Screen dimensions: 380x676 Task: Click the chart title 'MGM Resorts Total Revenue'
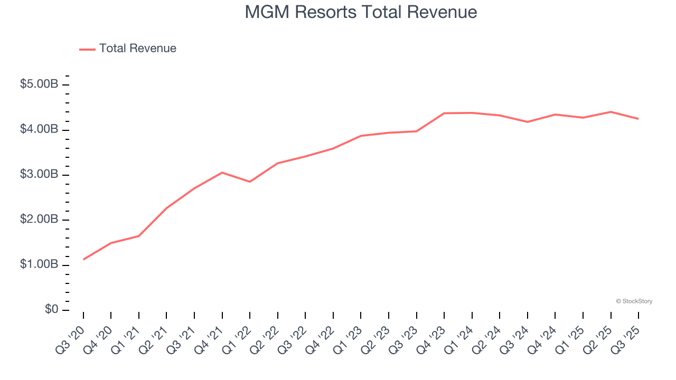pos(361,12)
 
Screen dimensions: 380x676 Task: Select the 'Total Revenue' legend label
pos(137,49)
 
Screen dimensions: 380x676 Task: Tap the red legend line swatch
pos(87,49)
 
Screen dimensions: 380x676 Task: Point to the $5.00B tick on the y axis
pos(39,84)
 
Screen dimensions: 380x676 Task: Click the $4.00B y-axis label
pos(39,129)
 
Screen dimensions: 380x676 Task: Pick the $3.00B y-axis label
pos(39,174)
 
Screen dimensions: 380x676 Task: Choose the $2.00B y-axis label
pos(39,219)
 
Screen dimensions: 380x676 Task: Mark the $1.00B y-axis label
pos(39,264)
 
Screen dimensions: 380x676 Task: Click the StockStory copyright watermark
pos(634,301)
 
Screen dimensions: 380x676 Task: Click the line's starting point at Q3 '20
pos(83,259)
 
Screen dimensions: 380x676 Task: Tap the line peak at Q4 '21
pos(222,173)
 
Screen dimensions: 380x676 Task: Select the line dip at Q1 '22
pos(250,182)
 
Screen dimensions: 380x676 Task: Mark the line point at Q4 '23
pos(444,113)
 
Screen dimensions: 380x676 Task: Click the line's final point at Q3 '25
pos(638,119)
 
